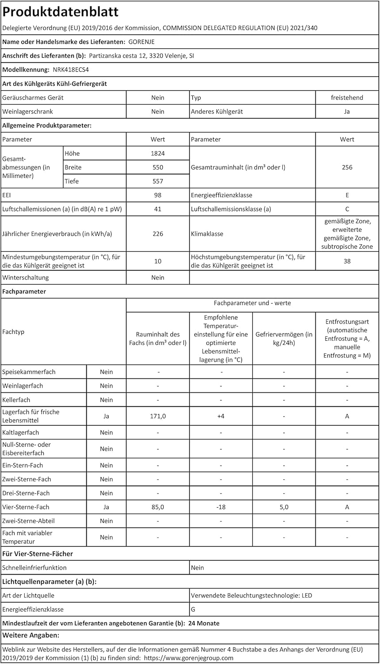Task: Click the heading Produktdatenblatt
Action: pos(61,12)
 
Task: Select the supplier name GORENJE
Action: pos(142,42)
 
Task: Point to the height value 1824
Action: pos(157,154)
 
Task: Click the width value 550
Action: pos(157,167)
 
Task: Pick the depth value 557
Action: pos(157,181)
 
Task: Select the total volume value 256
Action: pos(347,167)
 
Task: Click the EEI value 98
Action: pos(157,195)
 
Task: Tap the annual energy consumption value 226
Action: pos(157,234)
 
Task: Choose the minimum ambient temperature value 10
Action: pos(157,261)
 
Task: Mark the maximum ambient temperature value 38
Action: pos(347,261)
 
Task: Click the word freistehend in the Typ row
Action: pos(347,98)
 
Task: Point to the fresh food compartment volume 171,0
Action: pos(157,416)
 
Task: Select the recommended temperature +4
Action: pos(221,416)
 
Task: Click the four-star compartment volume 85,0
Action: pos(157,507)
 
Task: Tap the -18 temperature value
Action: pos(221,507)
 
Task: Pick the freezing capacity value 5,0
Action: pos(284,507)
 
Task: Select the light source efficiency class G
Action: pos(193,610)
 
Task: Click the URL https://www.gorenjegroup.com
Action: pos(189,658)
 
